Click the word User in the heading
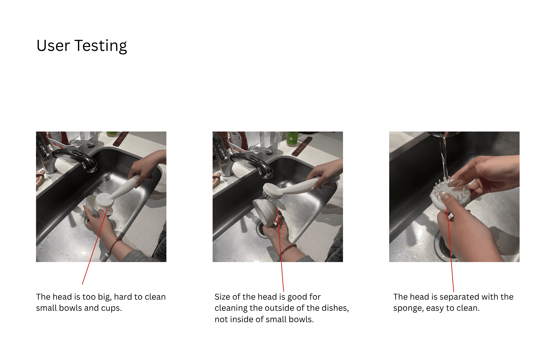click(53, 46)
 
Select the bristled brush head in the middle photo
click(273, 192)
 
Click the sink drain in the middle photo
click(261, 228)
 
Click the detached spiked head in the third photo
click(450, 195)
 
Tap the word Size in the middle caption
click(222, 297)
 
